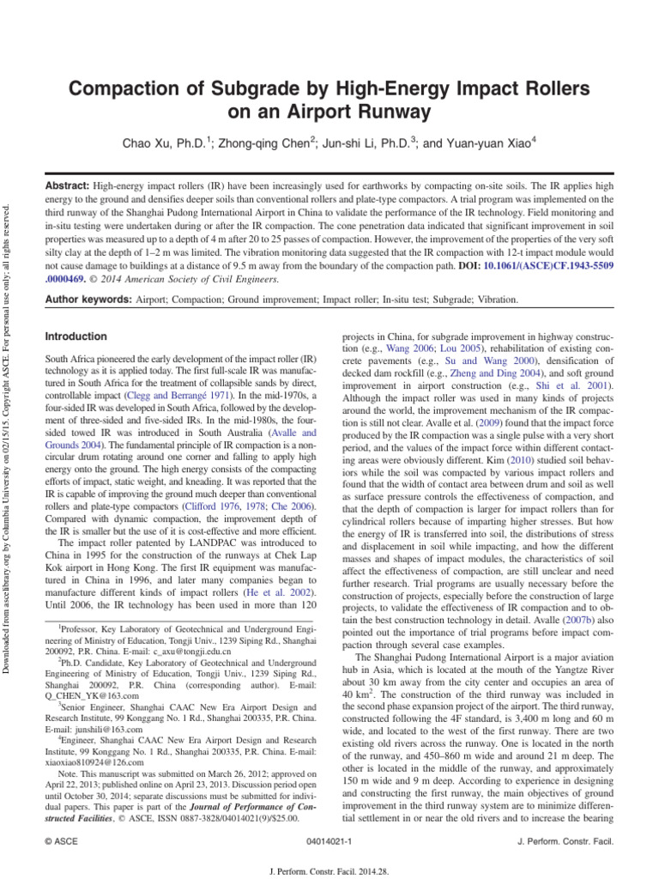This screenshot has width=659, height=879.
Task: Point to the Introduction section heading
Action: (76, 336)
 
